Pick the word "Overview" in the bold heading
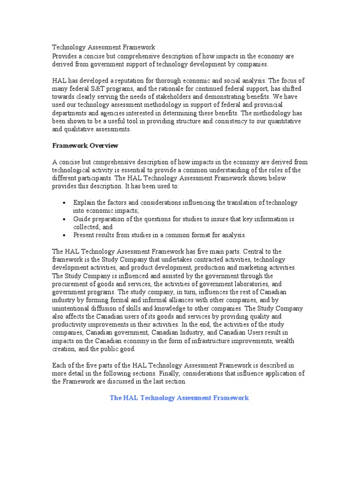(105, 145)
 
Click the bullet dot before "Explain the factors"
(64, 203)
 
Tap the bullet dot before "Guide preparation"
(64, 219)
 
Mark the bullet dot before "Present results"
(64, 235)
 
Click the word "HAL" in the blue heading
(129, 397)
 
